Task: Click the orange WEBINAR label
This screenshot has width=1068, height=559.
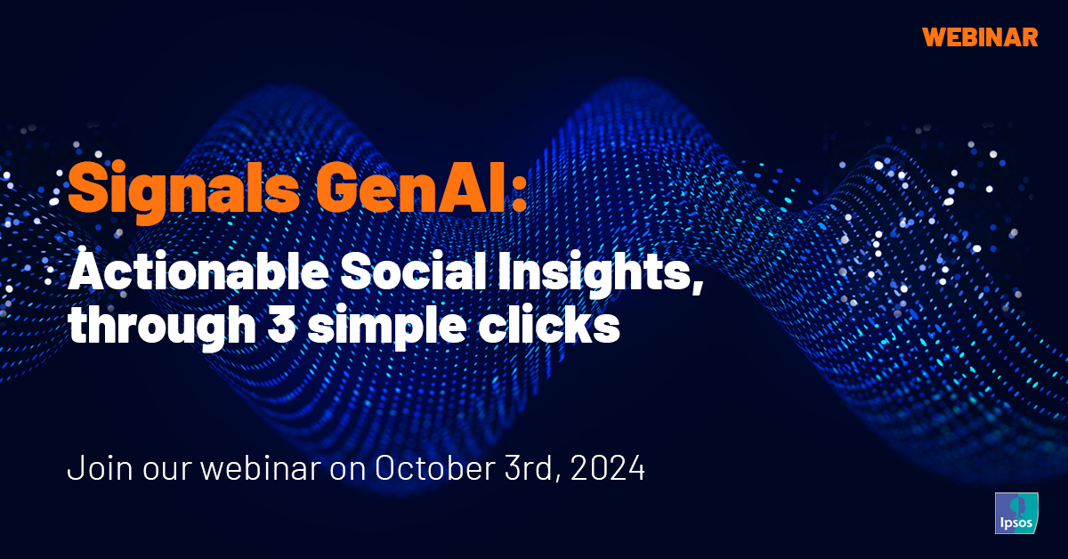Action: click(980, 36)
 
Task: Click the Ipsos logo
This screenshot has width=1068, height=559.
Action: click(1015, 512)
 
